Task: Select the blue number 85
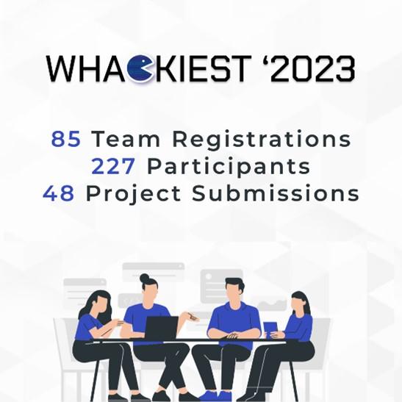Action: coord(66,139)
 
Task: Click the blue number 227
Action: coord(113,166)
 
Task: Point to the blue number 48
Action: coord(59,193)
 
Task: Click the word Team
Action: coord(126,139)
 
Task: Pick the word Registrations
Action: coord(261,140)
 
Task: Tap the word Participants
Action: coord(229,167)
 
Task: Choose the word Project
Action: coord(133,194)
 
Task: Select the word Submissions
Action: coord(276,193)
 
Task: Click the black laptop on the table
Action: coord(162,328)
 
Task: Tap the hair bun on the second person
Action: coord(144,278)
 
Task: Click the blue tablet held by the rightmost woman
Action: coord(270,329)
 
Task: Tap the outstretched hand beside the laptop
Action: coord(193,317)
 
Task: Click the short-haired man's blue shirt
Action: coord(234,319)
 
